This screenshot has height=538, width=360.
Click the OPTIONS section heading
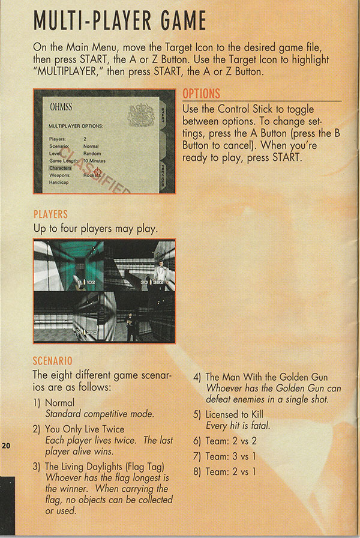[x=201, y=94]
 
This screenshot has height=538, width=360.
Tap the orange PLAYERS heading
[x=50, y=214]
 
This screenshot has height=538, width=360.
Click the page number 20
[x=6, y=446]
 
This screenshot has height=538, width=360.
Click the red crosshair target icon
[x=97, y=172]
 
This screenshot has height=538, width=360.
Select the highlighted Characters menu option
[x=61, y=169]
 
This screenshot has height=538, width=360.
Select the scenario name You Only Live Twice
[x=85, y=429]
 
